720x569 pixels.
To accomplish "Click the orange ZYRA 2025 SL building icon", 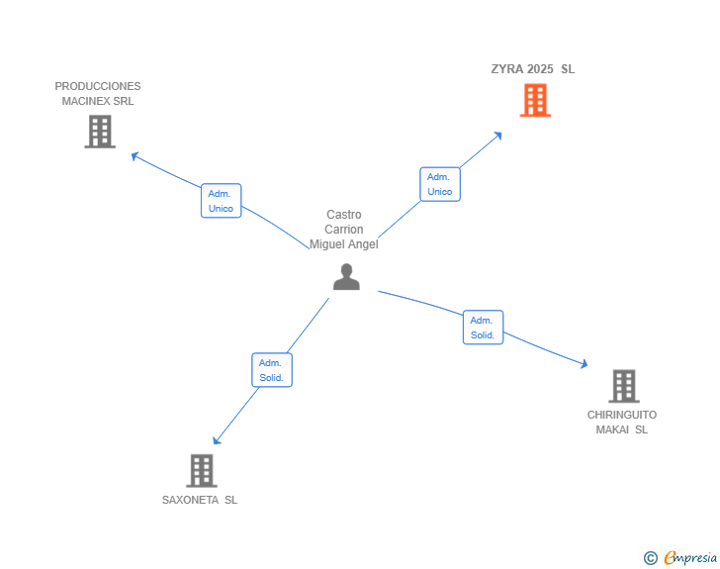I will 535,100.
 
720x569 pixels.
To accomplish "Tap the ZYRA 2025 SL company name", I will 532,69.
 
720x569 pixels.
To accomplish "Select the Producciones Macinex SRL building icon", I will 100,132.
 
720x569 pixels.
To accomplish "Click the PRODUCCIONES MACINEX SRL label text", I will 98,93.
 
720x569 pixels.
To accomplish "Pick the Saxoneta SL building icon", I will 201,470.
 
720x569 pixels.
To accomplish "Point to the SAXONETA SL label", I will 200,500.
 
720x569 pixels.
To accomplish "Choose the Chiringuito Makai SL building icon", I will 623,386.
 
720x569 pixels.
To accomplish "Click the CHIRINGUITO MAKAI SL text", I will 622,422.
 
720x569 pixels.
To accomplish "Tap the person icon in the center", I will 346,277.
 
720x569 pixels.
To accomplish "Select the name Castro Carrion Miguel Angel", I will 344,230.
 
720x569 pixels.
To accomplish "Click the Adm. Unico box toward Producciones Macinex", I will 221,201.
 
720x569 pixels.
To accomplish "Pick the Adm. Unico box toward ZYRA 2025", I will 440,184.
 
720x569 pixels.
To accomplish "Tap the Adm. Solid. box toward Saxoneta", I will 272,370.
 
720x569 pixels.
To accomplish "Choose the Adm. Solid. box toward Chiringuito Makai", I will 483,328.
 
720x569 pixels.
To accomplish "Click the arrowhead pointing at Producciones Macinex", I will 135,155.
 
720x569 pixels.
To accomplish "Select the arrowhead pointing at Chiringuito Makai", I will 585,365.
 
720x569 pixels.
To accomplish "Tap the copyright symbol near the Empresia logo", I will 650,558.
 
